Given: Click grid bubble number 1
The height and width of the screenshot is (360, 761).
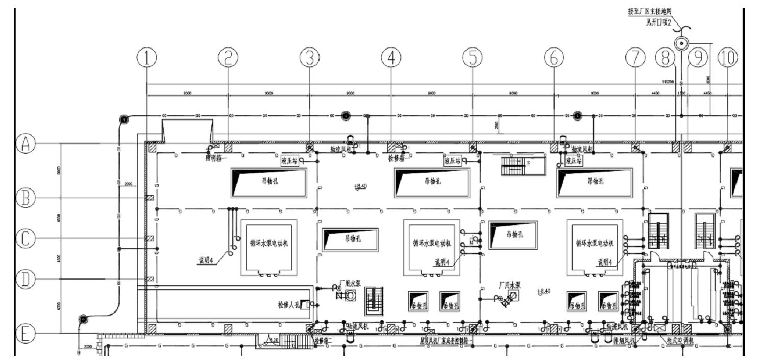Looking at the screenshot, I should pyautogui.click(x=147, y=59).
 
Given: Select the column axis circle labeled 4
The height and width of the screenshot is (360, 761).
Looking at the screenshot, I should pyautogui.click(x=391, y=59).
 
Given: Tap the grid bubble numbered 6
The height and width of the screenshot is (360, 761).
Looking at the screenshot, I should pyautogui.click(x=554, y=59).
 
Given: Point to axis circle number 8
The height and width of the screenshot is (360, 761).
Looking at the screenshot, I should pyautogui.click(x=665, y=59).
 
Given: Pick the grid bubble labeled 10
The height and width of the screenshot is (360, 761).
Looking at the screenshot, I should pyautogui.click(x=728, y=59).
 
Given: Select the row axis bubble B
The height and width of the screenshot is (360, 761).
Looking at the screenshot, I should pyautogui.click(x=26, y=198).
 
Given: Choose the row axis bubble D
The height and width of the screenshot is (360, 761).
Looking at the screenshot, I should pyautogui.click(x=26, y=279).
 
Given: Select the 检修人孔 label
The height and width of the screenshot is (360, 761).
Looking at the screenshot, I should pyautogui.click(x=288, y=305).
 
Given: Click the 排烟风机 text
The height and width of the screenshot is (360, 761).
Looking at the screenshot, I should pyautogui.click(x=625, y=340).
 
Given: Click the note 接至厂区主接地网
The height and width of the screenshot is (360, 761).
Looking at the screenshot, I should pyautogui.click(x=650, y=11).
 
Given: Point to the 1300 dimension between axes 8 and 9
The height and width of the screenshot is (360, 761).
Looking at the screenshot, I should pyautogui.click(x=681, y=93).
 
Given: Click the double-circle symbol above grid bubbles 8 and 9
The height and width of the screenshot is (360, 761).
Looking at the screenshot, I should pyautogui.click(x=681, y=44).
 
